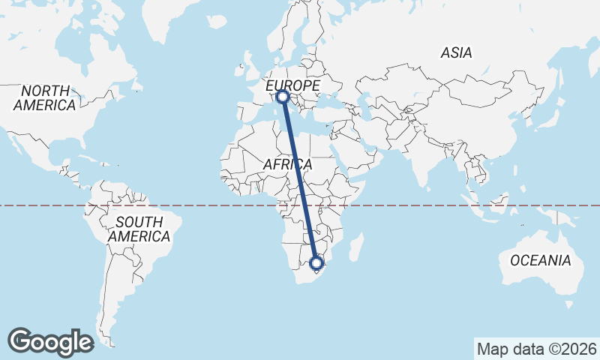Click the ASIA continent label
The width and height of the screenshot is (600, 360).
(456, 53)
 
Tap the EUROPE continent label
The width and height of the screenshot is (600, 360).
(292, 85)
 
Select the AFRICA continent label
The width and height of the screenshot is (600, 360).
(288, 163)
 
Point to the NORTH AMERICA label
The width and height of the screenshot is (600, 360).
(44, 98)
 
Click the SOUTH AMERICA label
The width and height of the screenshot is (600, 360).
(139, 229)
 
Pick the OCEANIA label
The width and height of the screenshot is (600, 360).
(540, 261)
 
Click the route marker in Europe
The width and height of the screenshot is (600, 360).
(283, 96)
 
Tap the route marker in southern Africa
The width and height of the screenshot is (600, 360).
(316, 263)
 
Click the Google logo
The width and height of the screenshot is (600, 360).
(50, 341)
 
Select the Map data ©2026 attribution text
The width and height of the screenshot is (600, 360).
(537, 349)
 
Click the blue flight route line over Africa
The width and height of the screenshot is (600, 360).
(300, 180)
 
